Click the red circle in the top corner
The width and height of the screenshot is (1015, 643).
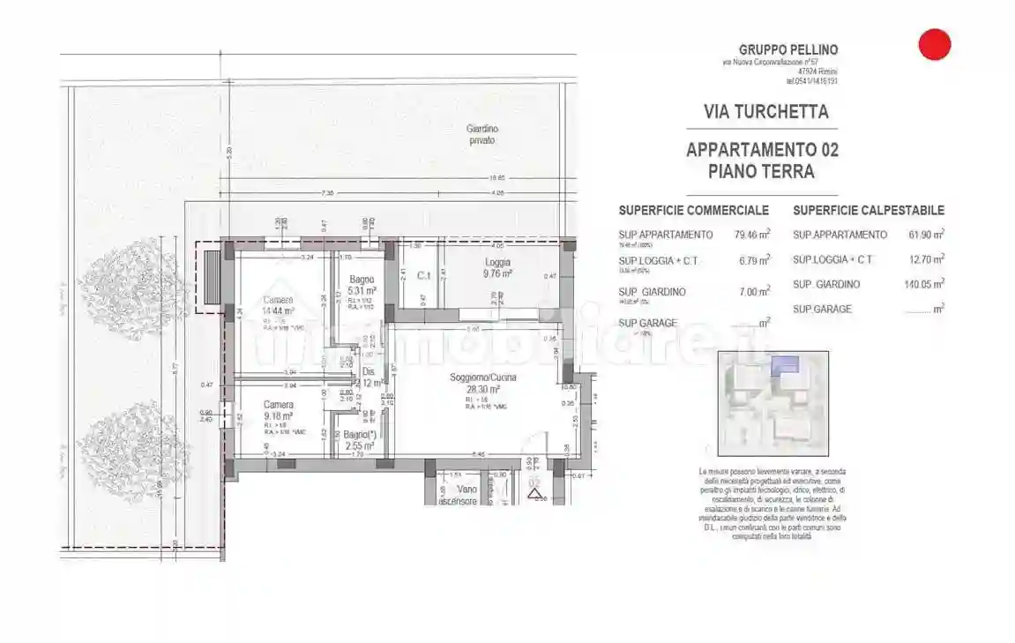934,45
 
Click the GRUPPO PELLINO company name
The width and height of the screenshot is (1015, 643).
787,50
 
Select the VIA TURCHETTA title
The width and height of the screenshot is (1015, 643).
765,112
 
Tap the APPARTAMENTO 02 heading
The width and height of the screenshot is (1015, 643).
762,150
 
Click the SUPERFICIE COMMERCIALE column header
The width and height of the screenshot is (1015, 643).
693,211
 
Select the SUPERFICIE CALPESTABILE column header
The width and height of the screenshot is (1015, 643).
868,211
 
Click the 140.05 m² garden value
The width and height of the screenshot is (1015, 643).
923,284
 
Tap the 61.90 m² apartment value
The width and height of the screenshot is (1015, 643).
926,235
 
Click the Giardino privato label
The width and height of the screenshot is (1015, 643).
481,134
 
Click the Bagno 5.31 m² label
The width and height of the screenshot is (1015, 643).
362,285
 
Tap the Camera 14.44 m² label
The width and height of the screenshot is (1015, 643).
279,305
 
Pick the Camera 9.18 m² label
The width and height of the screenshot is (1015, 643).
279,410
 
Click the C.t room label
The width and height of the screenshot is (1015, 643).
423,275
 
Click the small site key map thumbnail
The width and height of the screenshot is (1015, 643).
772,402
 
